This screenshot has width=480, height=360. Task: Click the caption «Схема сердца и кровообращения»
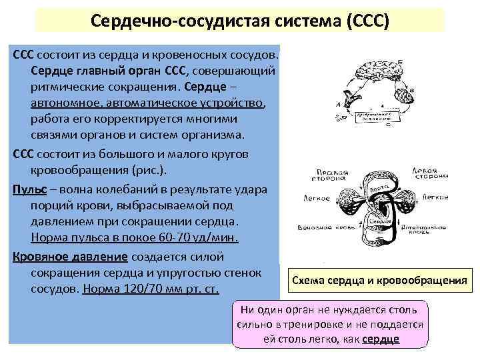[x=378, y=281]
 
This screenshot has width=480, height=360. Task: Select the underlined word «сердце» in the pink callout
[x=381, y=339]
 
